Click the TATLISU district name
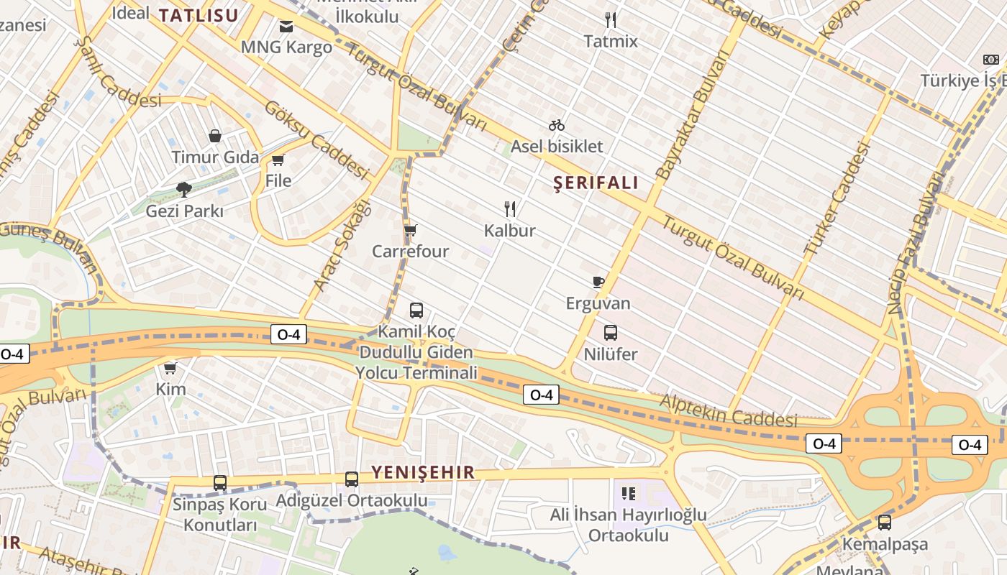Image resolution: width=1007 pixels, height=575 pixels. pos(198,15)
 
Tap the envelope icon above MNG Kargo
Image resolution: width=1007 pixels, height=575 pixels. pos(286,27)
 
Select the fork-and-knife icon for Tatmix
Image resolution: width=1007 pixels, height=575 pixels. pos(611,19)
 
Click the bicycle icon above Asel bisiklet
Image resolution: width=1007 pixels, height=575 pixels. pos(557,125)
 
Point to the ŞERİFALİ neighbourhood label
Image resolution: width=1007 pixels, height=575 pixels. pos(596,183)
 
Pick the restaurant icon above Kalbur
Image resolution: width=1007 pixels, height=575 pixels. pos(510,209)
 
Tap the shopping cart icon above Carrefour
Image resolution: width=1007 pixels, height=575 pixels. pos(410,230)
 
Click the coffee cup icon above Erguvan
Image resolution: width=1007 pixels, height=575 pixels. pos(598,282)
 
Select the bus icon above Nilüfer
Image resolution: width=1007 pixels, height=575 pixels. pos(611,333)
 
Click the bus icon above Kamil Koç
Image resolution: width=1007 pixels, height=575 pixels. pos(416,310)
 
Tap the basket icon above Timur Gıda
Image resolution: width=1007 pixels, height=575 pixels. pos(214,135)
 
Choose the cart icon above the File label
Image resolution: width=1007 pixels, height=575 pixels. pos(278,159)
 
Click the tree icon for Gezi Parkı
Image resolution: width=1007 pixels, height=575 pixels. pos(184,189)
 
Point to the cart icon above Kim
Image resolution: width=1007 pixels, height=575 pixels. pos(170,368)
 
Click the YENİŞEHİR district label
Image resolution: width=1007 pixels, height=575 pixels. pos(423,472)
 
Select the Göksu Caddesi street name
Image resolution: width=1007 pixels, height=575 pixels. pos(316,139)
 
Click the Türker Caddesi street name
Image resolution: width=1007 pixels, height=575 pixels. pos(837,200)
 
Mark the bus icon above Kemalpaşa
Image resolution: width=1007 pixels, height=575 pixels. pos(885,523)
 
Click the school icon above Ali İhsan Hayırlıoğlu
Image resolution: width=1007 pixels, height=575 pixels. pos(629,494)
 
